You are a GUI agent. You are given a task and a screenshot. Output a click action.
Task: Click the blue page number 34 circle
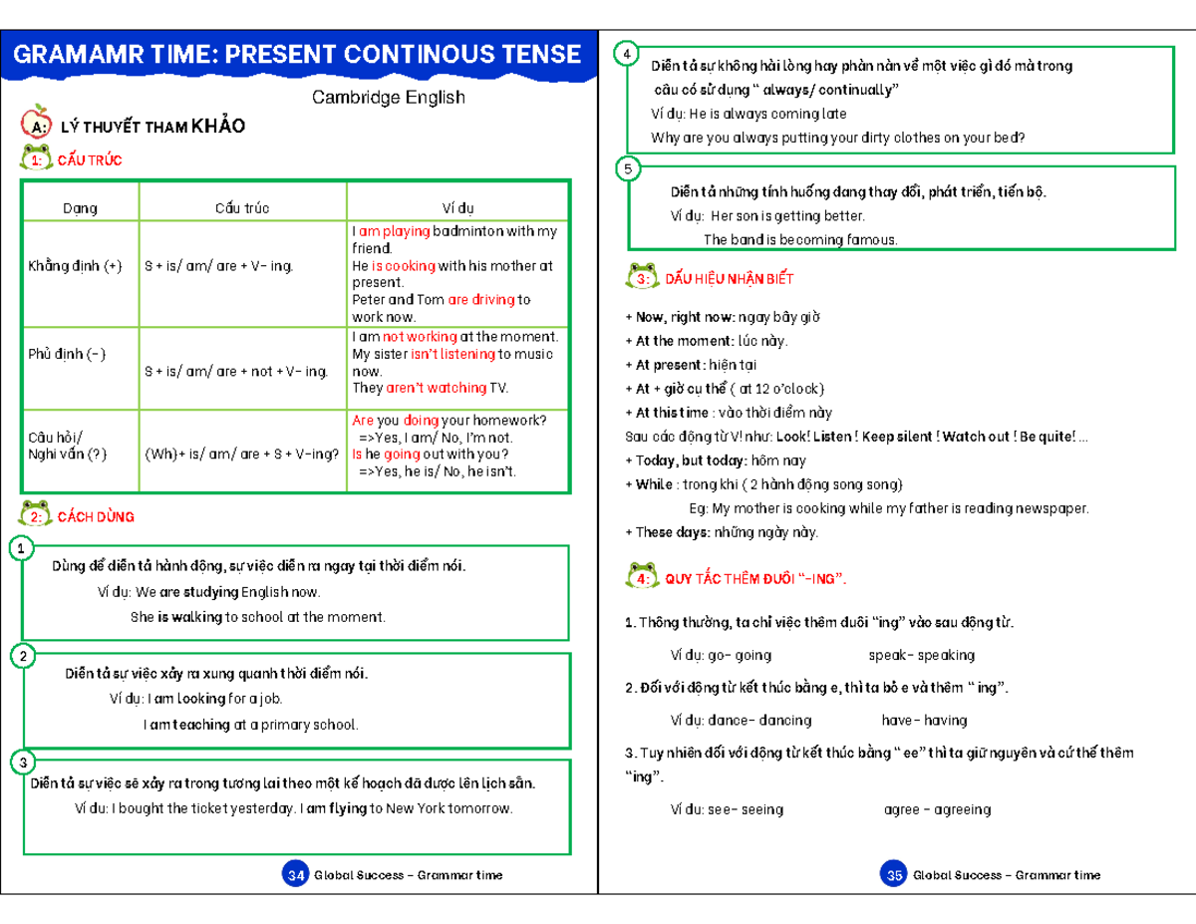pos(295,875)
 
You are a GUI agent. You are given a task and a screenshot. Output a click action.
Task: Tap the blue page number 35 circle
pos(893,875)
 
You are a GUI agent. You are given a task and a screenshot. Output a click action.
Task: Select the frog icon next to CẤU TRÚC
pos(37,157)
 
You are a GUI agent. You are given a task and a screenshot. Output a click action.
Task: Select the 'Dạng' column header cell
pos(80,208)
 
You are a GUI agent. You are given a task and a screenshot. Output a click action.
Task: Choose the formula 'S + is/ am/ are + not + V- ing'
pos(236,371)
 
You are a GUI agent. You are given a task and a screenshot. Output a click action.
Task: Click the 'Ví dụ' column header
pos(458,208)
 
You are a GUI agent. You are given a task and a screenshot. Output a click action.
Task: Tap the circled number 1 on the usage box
pos(20,548)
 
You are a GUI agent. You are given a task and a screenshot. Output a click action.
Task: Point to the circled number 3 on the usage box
pos(20,763)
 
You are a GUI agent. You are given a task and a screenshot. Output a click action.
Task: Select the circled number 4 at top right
pos(626,55)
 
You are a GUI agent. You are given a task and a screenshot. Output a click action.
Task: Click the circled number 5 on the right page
pos(627,169)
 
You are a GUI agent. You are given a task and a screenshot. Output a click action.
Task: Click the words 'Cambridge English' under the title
pos(388,98)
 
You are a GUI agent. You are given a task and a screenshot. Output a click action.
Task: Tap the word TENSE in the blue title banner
pos(537,54)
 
